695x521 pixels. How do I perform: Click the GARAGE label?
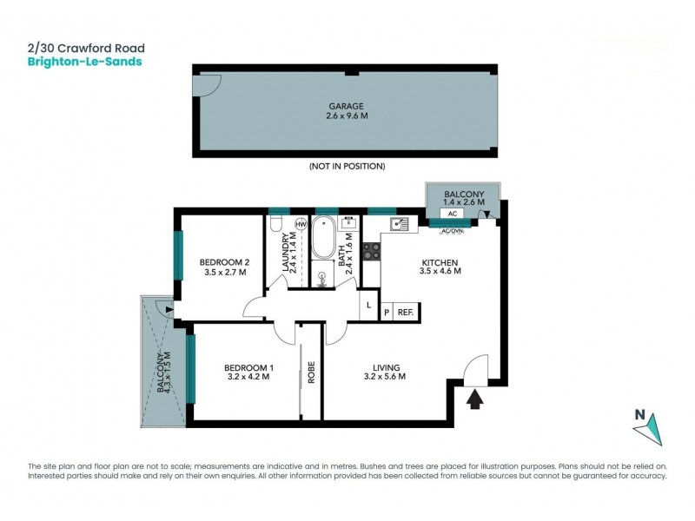(346, 106)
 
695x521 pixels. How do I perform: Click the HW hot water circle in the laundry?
(301, 225)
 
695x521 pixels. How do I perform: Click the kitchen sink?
(400, 225)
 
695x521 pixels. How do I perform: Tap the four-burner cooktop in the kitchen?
(371, 252)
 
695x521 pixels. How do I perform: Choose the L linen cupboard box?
(369, 305)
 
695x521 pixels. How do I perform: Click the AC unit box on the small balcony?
(452, 213)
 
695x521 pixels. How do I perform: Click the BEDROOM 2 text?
(224, 262)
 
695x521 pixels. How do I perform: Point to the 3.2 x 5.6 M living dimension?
(383, 377)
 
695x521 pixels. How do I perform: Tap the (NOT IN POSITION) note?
(347, 166)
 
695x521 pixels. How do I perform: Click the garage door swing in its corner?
(209, 85)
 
